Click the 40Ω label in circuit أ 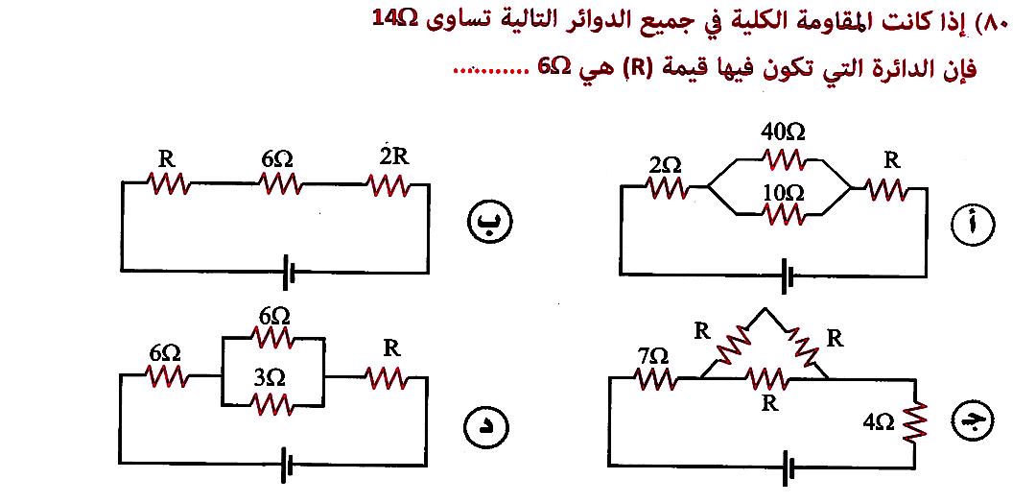click(x=781, y=132)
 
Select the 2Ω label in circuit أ click(x=665, y=165)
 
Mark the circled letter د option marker click(x=485, y=423)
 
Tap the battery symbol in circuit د click(x=287, y=468)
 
